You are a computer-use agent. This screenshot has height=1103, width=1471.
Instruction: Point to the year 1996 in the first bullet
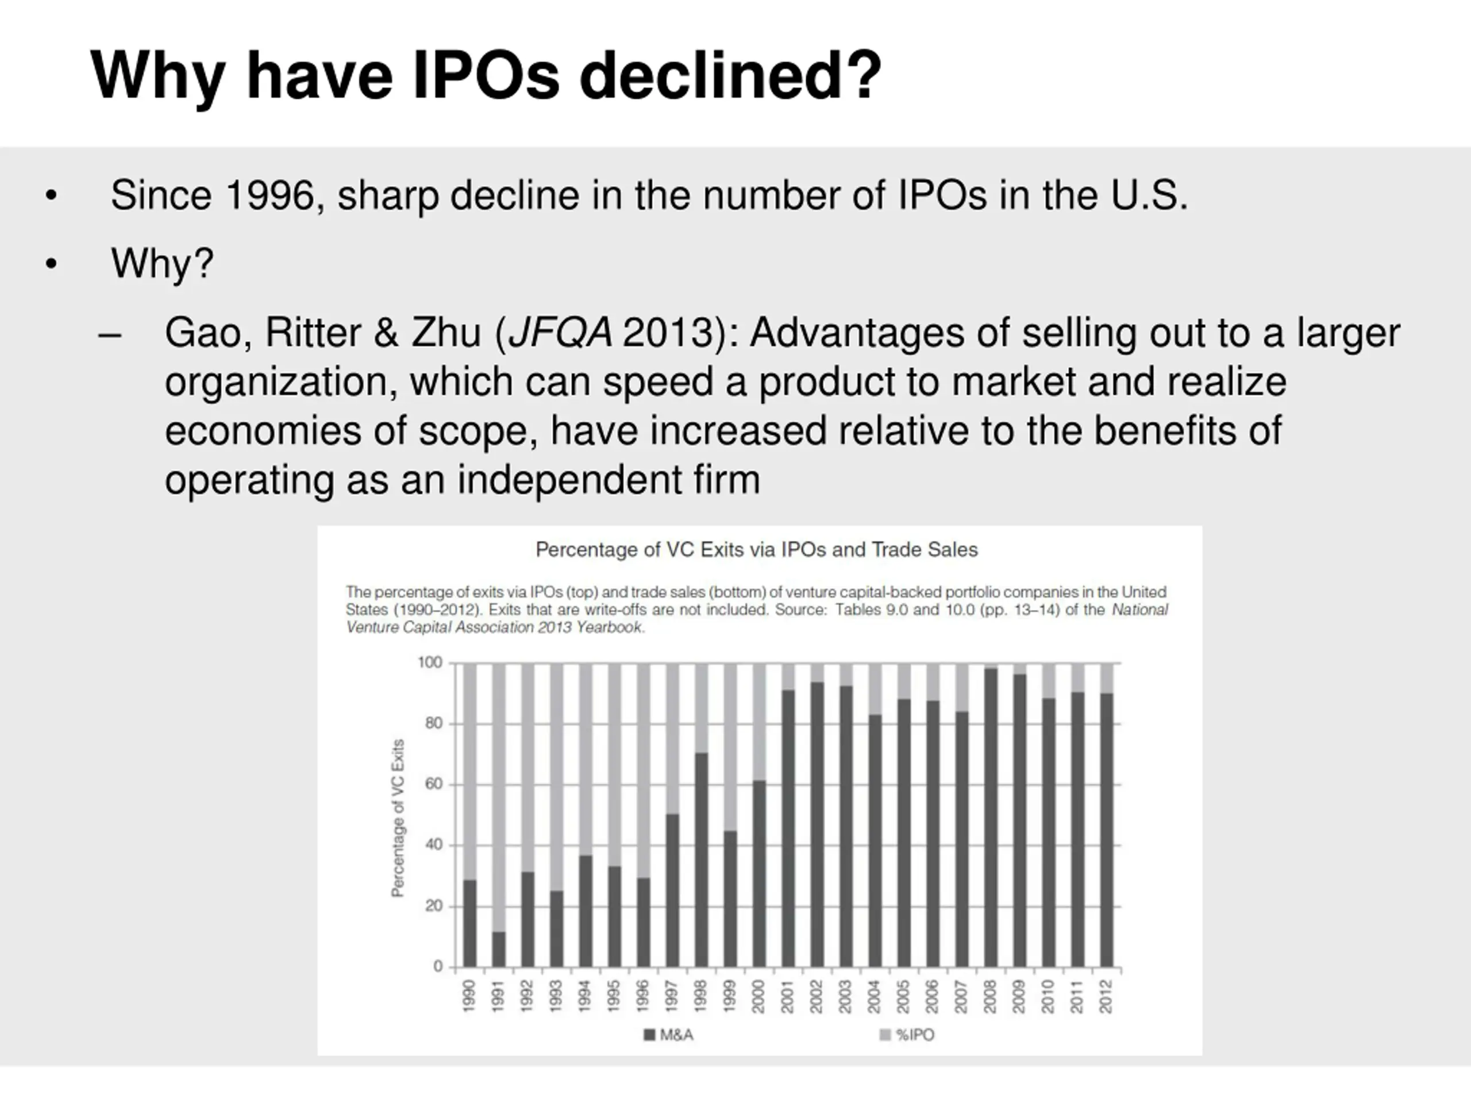pyautogui.click(x=269, y=195)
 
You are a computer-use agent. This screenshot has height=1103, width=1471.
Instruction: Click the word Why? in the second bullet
pyautogui.click(x=162, y=263)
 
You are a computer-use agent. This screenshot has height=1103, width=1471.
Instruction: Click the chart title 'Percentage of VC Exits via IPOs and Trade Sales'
pyautogui.click(x=757, y=550)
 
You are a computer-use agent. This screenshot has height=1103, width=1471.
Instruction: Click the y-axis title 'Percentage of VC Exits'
pyautogui.click(x=398, y=818)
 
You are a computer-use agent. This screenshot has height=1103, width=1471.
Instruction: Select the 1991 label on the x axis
pyautogui.click(x=498, y=996)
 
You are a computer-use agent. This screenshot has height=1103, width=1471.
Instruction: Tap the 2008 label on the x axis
pyautogui.click(x=989, y=996)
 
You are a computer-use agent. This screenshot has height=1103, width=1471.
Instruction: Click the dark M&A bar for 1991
pyautogui.click(x=498, y=950)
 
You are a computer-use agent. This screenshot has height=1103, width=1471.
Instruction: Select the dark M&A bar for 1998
pyautogui.click(x=701, y=859)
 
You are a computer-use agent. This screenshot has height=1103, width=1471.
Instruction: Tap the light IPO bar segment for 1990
pyautogui.click(x=469, y=771)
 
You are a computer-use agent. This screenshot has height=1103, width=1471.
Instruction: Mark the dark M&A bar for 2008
pyautogui.click(x=990, y=818)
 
